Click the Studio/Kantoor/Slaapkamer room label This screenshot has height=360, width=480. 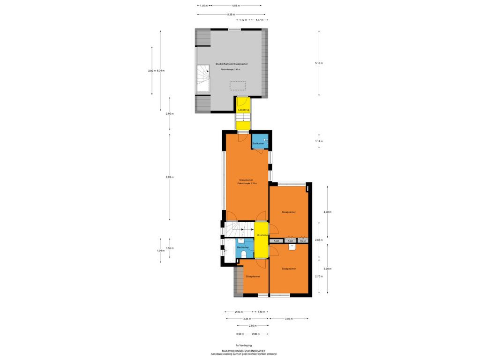click(x=232, y=64)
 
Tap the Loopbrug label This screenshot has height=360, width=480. click(x=243, y=110)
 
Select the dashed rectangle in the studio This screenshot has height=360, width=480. click(x=237, y=86)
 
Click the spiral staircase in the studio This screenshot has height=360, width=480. click(x=203, y=77)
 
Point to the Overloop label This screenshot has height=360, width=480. click(x=262, y=235)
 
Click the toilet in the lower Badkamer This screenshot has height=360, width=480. click(x=244, y=254)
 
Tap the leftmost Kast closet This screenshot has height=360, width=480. click(x=277, y=241)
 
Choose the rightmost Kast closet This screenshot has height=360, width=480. click(x=303, y=241)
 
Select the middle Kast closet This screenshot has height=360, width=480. click(x=291, y=241)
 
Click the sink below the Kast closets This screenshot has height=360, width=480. click(x=291, y=247)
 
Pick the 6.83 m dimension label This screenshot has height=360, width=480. click(x=170, y=177)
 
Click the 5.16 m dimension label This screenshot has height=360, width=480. click(x=319, y=63)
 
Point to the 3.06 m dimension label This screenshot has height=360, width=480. click(x=289, y=319)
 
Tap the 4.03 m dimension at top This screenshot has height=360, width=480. click(x=236, y=6)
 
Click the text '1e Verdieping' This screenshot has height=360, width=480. click(x=244, y=345)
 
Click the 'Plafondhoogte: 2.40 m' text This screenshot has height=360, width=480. click(x=230, y=69)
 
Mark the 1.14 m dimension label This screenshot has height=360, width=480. click(x=319, y=141)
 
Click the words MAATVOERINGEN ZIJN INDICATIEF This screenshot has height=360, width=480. click(x=244, y=350)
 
